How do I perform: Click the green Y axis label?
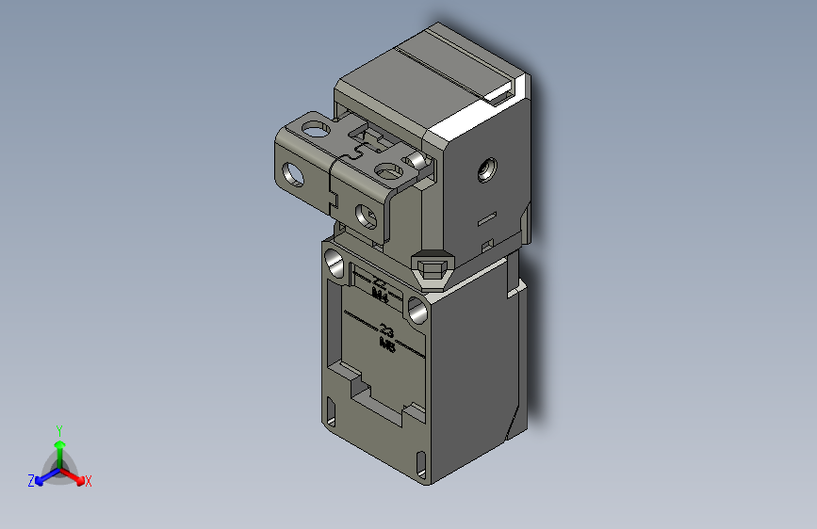(58, 428)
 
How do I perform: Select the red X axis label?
(88, 481)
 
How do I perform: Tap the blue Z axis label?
(31, 480)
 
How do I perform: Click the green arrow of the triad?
(58, 445)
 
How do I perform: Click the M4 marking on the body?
(381, 295)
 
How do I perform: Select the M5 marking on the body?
(386, 344)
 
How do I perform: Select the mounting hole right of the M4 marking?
(417, 307)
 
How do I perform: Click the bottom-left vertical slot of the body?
(331, 411)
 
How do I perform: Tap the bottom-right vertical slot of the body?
(420, 459)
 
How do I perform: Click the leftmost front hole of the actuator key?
(295, 174)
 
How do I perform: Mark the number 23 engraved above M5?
(386, 330)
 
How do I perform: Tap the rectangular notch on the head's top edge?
(498, 92)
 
